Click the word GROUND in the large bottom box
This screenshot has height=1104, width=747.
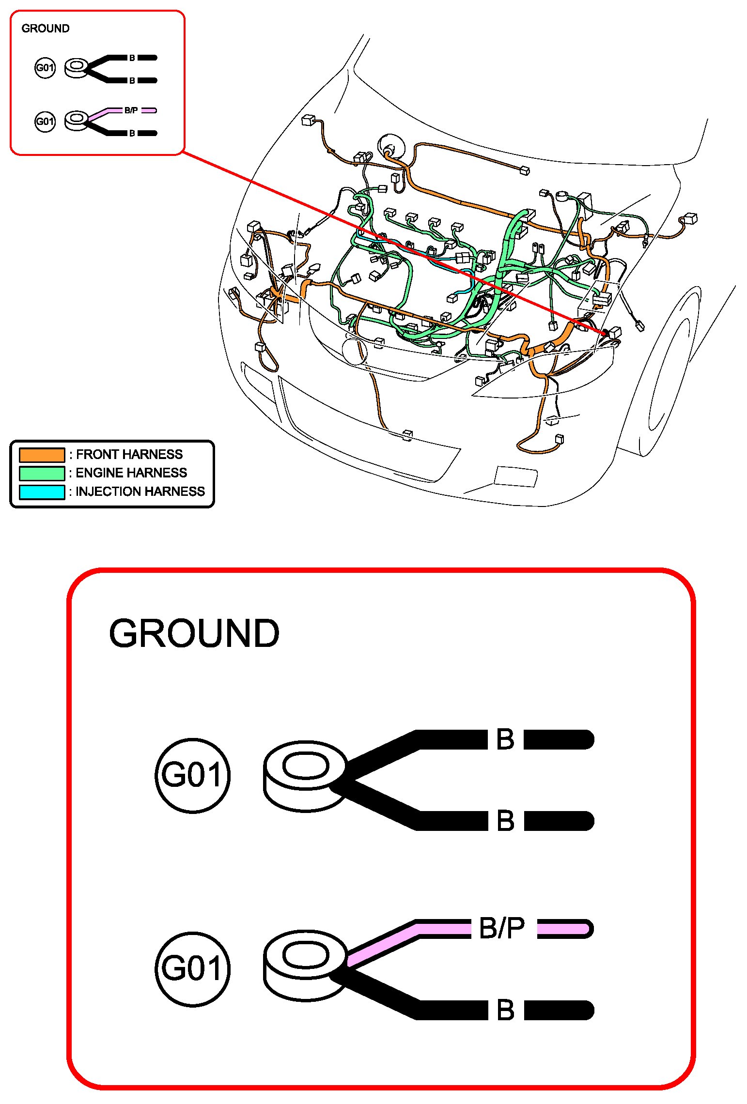point(194,633)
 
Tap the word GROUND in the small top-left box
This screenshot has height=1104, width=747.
point(46,29)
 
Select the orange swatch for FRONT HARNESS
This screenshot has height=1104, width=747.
point(42,455)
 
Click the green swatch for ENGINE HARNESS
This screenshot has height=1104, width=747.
point(42,473)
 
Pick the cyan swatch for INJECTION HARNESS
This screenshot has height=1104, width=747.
point(42,491)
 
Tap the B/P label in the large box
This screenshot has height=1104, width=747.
point(501,928)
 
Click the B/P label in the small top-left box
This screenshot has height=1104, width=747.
point(131,110)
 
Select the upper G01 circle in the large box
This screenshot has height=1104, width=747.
point(192,775)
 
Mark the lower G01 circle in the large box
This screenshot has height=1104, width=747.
point(192,969)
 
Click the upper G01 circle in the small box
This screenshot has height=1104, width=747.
point(45,67)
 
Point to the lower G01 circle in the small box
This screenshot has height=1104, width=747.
point(45,121)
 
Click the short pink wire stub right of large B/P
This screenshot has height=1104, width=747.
point(564,928)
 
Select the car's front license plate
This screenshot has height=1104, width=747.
point(515,476)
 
